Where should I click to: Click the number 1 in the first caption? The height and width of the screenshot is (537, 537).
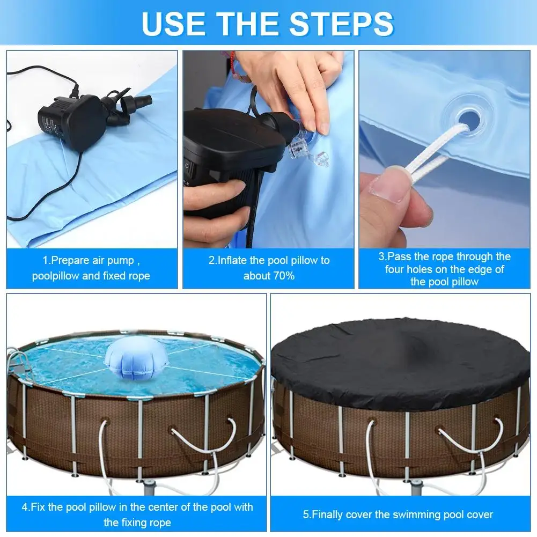click(x=45, y=260)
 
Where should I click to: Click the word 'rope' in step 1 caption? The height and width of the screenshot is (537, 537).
click(x=139, y=276)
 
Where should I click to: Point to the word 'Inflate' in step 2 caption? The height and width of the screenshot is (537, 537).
click(x=233, y=260)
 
